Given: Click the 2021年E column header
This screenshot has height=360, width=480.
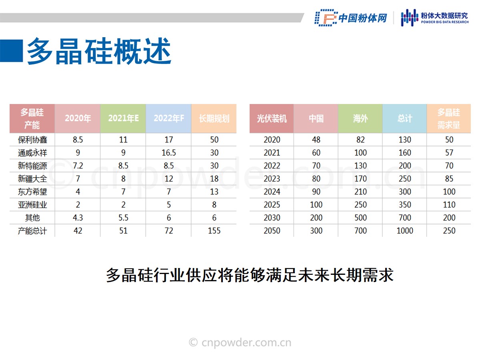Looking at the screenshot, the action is [x=123, y=118].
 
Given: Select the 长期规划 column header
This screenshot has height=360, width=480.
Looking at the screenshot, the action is [x=214, y=118].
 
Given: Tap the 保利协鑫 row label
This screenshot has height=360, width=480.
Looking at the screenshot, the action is [x=32, y=140].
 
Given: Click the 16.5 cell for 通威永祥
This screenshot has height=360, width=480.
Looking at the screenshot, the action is [x=169, y=152].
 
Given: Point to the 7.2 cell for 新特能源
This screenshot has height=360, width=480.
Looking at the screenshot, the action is [x=78, y=166].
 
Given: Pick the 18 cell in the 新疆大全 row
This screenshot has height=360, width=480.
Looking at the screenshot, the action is [x=214, y=178].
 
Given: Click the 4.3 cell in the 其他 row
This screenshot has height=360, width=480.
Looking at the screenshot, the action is [x=78, y=218].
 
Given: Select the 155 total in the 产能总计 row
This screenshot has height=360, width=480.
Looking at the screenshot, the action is [x=214, y=231].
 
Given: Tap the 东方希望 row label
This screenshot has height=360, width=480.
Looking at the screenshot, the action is [x=32, y=192].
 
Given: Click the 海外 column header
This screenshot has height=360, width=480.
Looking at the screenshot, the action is [x=360, y=118].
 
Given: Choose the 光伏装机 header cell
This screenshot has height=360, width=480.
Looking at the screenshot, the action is [x=272, y=118].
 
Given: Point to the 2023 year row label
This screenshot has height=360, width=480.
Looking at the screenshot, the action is [x=272, y=178].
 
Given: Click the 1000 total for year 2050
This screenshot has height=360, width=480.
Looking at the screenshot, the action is [x=405, y=231].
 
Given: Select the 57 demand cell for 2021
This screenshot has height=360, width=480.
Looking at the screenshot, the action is [x=449, y=152].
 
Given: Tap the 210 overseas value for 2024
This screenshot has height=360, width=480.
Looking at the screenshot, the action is [x=360, y=192].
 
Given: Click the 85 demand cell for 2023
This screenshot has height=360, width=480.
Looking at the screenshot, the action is [x=449, y=178].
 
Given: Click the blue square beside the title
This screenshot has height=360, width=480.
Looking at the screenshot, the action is [x=11, y=51].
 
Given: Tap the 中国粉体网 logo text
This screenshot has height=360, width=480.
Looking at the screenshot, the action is [x=363, y=18].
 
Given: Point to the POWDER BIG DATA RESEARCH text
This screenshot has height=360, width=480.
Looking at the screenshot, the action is [x=445, y=22].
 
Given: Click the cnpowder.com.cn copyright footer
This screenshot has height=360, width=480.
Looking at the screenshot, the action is [x=240, y=342].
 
